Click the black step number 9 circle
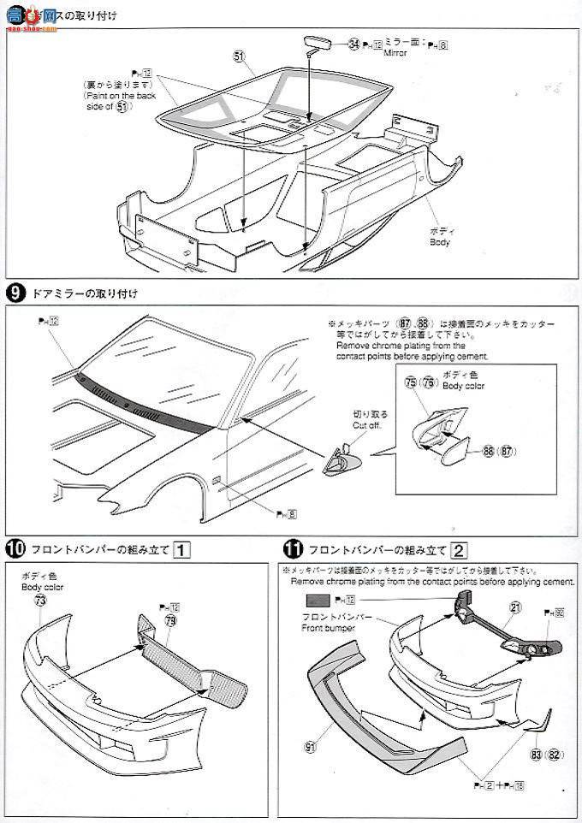pos(14,293)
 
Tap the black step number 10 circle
pos(14,548)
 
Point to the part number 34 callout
pos(353,44)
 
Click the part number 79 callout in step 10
pos(170,620)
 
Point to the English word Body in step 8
pos(439,242)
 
